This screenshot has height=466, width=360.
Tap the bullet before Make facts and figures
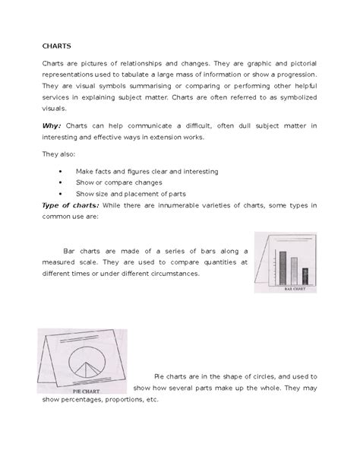61,173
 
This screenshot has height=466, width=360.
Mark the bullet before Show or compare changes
61,183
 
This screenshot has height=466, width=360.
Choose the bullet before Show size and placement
61,195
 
